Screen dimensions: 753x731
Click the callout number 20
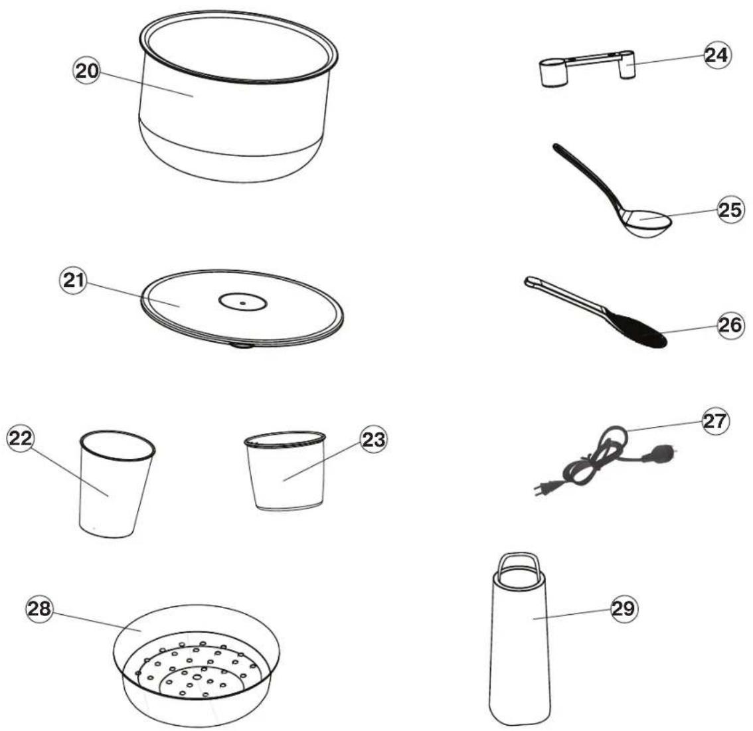[87, 70]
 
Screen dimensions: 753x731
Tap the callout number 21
[74, 280]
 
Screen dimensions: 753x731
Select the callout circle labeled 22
[20, 438]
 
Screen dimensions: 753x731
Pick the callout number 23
[373, 439]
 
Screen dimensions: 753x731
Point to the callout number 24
[716, 55]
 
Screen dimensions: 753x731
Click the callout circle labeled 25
[730, 209]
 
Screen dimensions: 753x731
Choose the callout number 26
[730, 325]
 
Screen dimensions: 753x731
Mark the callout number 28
[39, 609]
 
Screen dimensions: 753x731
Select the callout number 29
[624, 609]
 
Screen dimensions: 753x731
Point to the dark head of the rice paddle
[639, 329]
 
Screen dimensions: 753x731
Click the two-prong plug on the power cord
[542, 489]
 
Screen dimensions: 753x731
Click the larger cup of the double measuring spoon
[553, 72]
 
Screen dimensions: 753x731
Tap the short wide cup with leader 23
[286, 471]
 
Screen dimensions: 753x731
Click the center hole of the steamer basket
[197, 677]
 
